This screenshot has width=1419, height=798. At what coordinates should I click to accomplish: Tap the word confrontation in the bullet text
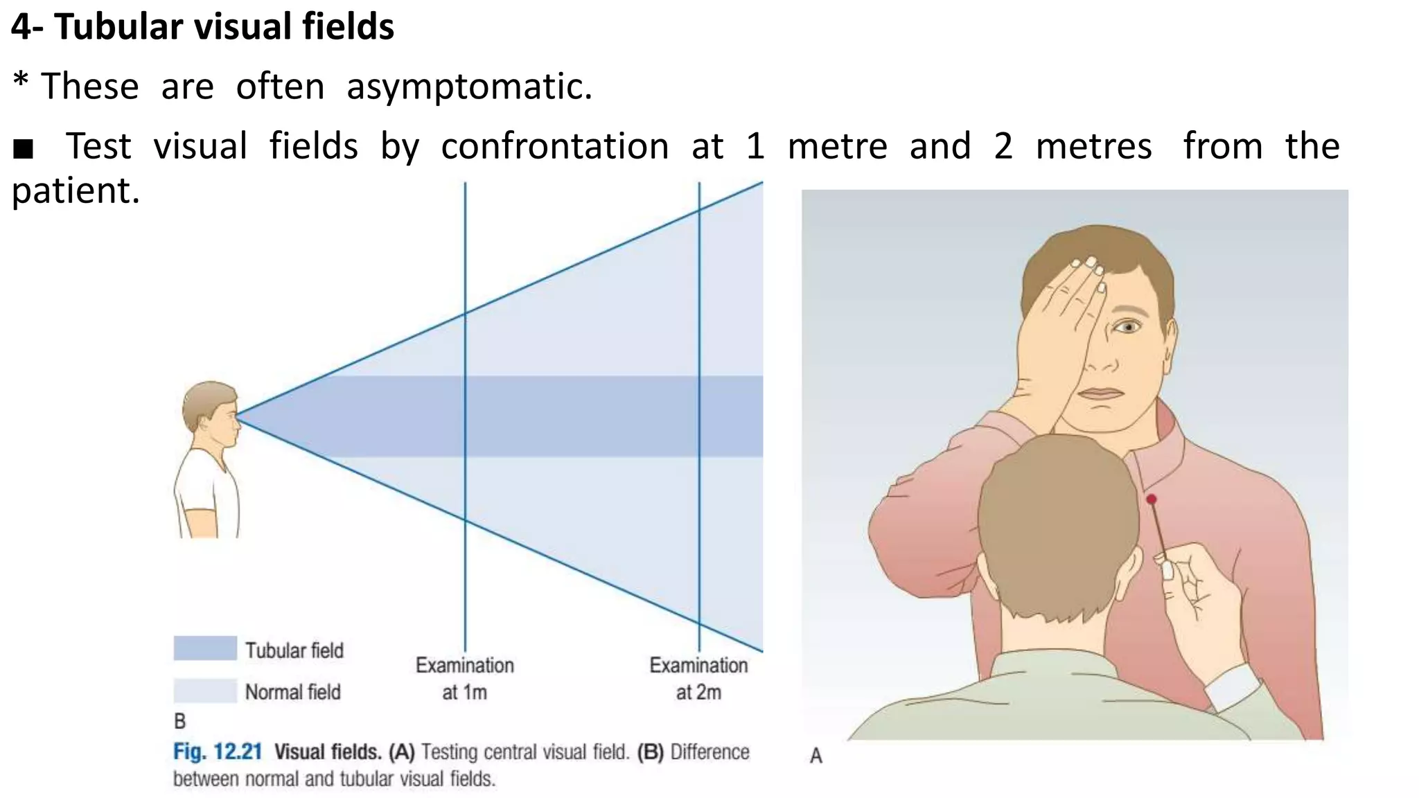[x=554, y=147]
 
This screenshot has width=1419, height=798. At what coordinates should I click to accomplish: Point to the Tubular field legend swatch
[x=205, y=648]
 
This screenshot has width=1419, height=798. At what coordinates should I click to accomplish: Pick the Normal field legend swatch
[x=205, y=691]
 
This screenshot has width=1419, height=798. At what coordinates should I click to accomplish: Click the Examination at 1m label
[x=464, y=678]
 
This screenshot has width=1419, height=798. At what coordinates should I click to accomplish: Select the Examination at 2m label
[x=698, y=678]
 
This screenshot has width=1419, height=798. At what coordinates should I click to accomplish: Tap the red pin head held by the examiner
[x=1151, y=499]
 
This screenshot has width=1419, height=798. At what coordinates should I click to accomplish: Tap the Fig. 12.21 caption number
[x=218, y=752]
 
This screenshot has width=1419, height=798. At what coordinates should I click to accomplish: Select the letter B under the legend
[x=180, y=722]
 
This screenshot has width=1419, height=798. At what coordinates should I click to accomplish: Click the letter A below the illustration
[x=816, y=756]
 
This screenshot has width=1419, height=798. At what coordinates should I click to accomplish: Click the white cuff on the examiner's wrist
[x=1233, y=688]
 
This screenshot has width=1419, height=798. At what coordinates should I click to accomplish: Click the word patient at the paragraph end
[x=75, y=191]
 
